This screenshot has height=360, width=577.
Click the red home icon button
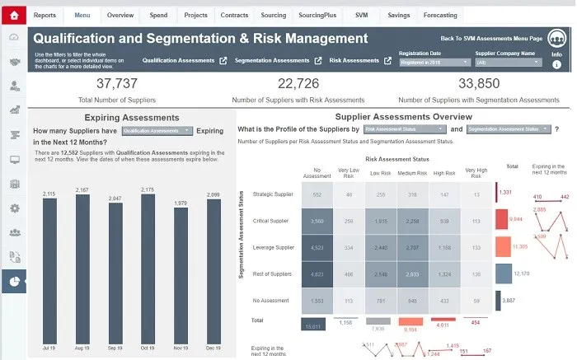[x=13, y=15]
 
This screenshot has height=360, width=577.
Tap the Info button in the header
[x=556, y=58]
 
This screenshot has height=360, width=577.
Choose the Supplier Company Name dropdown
[x=509, y=63]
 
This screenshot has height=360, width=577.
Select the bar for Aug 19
[x=82, y=263]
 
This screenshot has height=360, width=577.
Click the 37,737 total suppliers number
[x=117, y=83]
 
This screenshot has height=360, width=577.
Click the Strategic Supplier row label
[x=272, y=194]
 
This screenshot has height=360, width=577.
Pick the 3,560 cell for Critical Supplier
[x=312, y=221]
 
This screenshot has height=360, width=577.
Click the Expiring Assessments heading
[x=121, y=118]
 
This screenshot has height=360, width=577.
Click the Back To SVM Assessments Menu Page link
[x=490, y=38]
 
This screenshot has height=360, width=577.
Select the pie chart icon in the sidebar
[x=13, y=282]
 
